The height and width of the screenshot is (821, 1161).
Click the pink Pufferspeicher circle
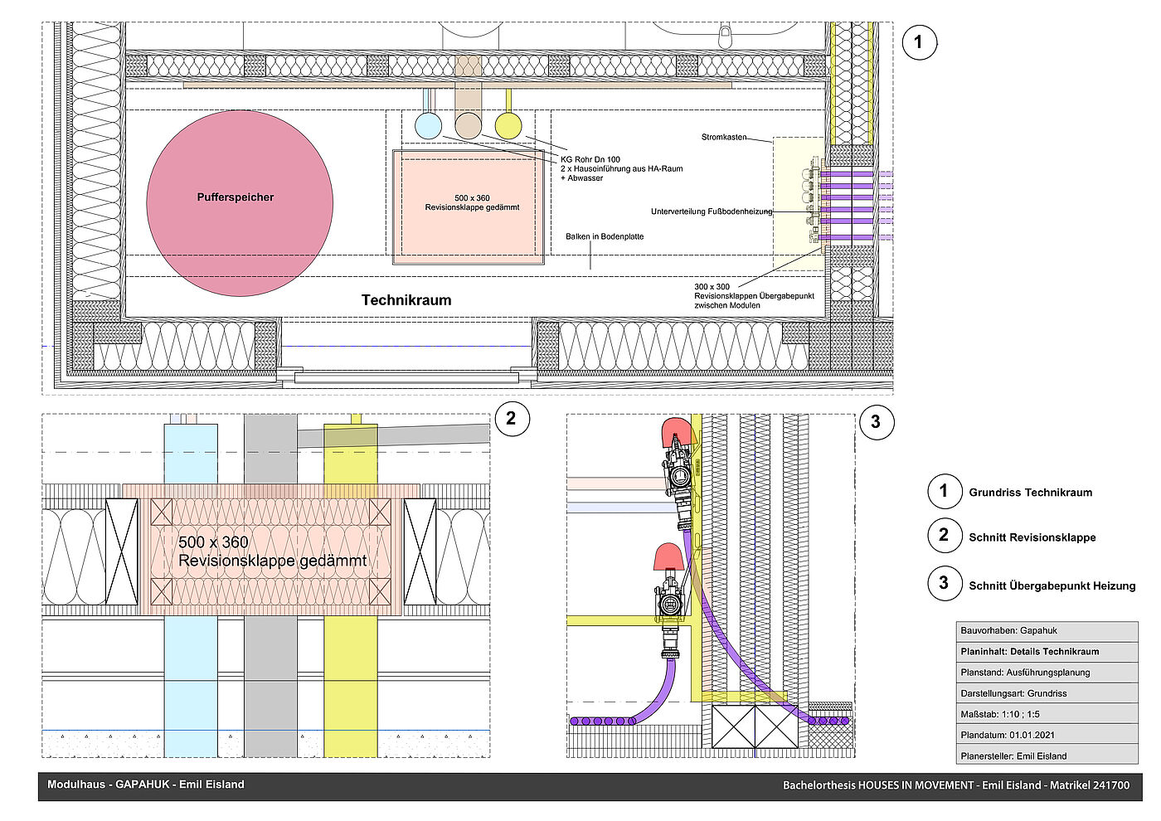pyautogui.click(x=240, y=203)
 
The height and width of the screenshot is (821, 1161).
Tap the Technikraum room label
pyautogui.click(x=406, y=300)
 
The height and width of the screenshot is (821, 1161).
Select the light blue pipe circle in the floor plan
pyautogui.click(x=428, y=126)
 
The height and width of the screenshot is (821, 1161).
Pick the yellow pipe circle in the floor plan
pyautogui.click(x=508, y=126)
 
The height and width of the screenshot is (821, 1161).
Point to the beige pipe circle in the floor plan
pyautogui.click(x=468, y=126)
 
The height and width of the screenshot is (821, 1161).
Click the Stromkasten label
pyautogui.click(x=724, y=137)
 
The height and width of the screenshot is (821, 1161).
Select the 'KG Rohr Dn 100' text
pyautogui.click(x=590, y=159)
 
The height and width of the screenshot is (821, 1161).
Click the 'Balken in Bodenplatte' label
pyautogui.click(x=605, y=236)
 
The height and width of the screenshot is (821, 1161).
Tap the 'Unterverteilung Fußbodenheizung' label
pyautogui.click(x=712, y=211)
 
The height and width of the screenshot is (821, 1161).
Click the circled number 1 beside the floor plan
pyautogui.click(x=918, y=42)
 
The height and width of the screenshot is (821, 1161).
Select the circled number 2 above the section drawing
pyautogui.click(x=511, y=419)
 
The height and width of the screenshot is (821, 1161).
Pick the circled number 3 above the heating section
pyautogui.click(x=876, y=422)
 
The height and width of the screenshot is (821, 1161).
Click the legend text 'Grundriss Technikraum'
pyautogui.click(x=1030, y=493)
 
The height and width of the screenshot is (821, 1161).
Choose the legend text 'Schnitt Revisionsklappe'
pyautogui.click(x=1032, y=537)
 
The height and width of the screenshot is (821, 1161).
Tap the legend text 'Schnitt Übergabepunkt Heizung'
pyautogui.click(x=1052, y=585)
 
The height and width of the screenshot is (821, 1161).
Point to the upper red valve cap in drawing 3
pyautogui.click(x=677, y=432)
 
